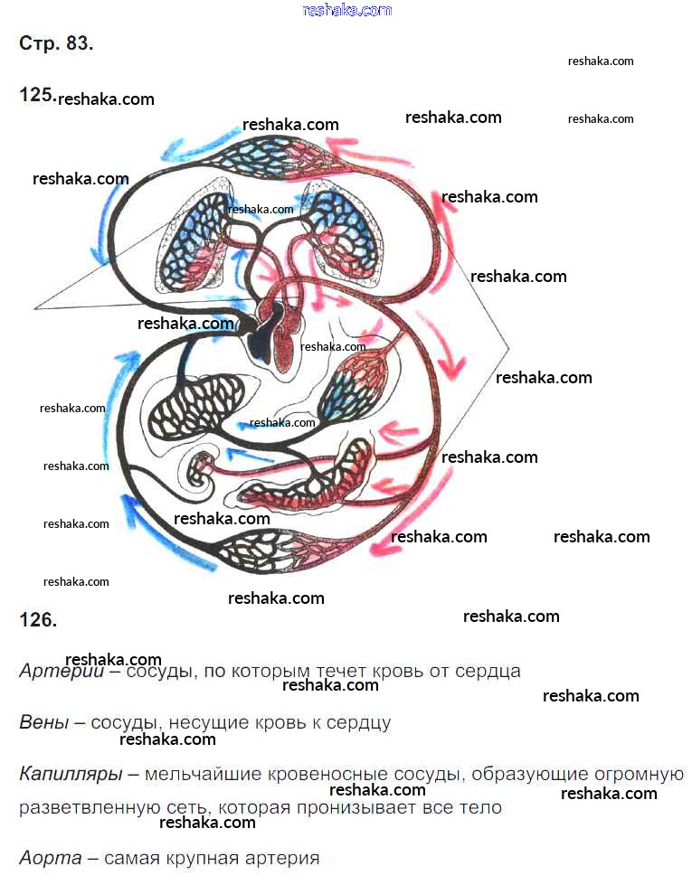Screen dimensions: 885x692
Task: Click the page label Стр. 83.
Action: tap(55, 43)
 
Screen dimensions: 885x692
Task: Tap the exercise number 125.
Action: tap(37, 94)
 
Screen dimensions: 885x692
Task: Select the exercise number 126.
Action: tap(38, 620)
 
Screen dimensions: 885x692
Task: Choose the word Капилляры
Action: tap(69, 775)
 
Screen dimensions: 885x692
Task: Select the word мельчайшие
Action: tap(203, 775)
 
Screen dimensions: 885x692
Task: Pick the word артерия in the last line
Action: tap(281, 858)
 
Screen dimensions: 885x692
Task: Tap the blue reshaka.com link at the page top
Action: tap(347, 10)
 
